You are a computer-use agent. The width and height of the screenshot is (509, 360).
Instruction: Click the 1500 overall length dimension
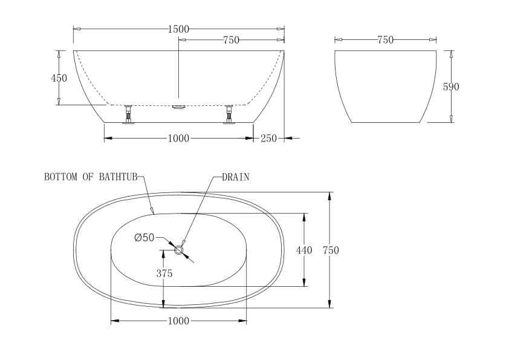tap(178, 29)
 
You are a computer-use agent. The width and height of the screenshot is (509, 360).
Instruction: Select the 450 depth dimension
tap(59, 78)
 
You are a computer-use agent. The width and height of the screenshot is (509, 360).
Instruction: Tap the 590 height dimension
tap(451, 87)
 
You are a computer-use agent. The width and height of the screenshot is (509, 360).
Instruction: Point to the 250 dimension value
tap(269, 139)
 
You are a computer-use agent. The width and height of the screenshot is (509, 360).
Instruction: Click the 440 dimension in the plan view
tap(304, 250)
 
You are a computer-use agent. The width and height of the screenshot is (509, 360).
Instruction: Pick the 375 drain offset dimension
tap(164, 273)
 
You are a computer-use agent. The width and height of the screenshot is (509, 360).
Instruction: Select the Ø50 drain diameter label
tap(144, 238)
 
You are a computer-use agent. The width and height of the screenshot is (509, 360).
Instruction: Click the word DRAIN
tap(236, 177)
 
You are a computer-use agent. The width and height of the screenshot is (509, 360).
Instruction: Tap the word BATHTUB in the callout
tap(118, 177)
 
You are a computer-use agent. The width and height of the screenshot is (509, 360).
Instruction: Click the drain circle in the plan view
tap(178, 250)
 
